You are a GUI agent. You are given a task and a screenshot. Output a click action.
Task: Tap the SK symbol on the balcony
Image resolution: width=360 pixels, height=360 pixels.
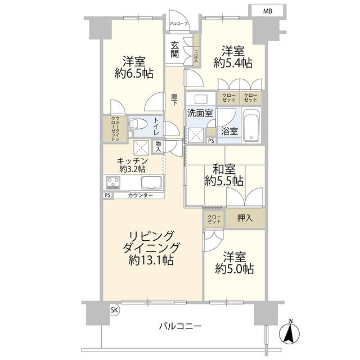pyautogui.click(x=114, y=310)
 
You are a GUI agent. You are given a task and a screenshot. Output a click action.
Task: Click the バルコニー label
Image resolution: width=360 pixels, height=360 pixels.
pyautogui.click(x=179, y=326)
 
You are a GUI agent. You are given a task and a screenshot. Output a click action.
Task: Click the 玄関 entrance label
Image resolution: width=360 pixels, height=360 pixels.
pyautogui.click(x=175, y=49)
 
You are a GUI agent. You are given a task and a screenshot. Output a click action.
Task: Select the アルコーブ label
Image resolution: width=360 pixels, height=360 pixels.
pyautogui.click(x=179, y=24)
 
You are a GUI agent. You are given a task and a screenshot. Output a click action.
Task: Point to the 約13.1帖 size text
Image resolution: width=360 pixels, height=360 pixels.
pyautogui.click(x=150, y=260)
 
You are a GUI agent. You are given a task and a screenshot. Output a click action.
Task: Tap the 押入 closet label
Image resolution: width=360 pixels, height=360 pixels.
pyautogui.click(x=244, y=218)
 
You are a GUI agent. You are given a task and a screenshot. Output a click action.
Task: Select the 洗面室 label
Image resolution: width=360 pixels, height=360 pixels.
pyautogui.click(x=200, y=112)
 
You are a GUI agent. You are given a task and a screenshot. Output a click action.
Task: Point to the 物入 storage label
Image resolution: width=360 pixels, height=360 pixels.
pyautogui.click(x=159, y=146)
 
